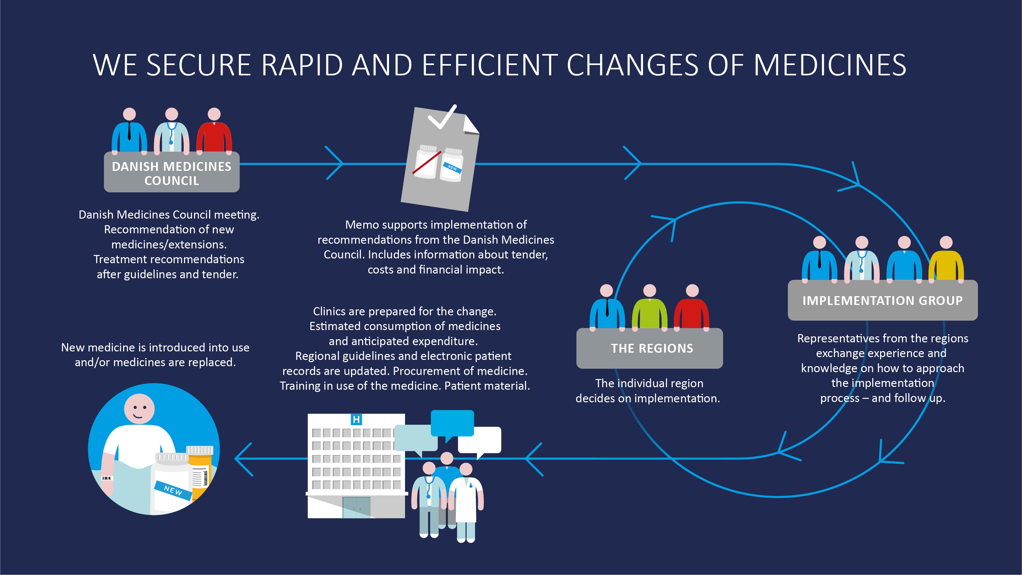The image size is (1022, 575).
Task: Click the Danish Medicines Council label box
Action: [172, 172]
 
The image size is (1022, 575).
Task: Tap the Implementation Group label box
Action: [882, 301]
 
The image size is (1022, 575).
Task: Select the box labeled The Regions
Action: [649, 348]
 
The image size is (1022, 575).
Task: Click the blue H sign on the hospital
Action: [356, 420]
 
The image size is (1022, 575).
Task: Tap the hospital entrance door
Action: [356, 507]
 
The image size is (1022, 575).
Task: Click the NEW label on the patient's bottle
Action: [173, 490]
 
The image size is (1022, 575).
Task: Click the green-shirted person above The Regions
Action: [649, 307]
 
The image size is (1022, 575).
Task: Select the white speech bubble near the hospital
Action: [480, 441]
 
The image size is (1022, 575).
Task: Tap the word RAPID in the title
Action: [302, 65]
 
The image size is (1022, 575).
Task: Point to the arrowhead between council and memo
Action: [334, 163]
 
